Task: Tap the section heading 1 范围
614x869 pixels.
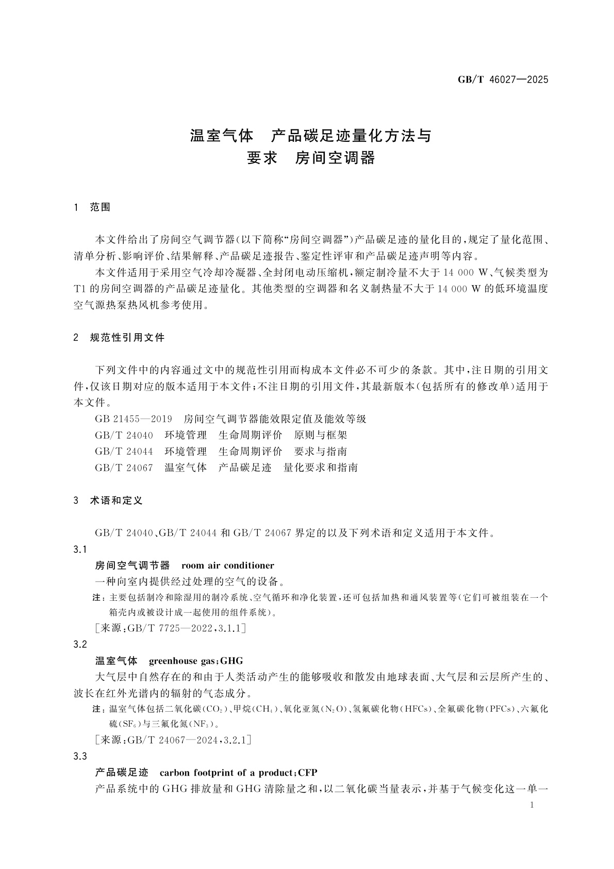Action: click(x=93, y=207)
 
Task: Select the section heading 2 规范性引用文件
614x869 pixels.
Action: click(x=120, y=338)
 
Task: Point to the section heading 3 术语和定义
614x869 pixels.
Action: click(x=109, y=500)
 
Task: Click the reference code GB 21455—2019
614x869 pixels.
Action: click(x=134, y=419)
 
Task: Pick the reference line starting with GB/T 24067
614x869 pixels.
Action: click(x=226, y=468)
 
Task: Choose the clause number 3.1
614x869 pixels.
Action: click(x=80, y=549)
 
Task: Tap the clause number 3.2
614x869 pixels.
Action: click(x=80, y=644)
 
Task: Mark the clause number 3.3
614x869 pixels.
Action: click(x=80, y=756)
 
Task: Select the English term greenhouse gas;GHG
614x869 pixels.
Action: click(x=195, y=661)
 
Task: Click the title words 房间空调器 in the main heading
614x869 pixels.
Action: click(x=335, y=157)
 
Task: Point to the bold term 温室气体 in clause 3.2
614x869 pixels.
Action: click(x=117, y=661)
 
